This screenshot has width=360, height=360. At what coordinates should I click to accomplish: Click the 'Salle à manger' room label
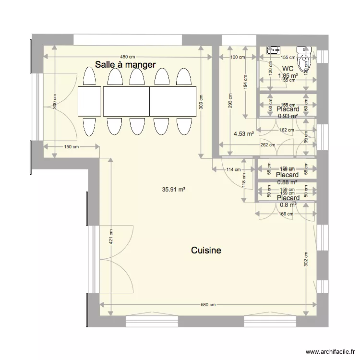[125, 64]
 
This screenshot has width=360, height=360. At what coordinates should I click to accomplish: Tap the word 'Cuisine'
[206, 250]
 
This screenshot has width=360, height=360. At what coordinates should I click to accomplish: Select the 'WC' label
[288, 69]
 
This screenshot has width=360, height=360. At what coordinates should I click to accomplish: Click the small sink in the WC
[274, 49]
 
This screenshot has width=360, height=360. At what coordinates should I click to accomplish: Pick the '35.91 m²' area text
[174, 190]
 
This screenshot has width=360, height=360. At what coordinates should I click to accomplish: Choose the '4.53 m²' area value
[244, 134]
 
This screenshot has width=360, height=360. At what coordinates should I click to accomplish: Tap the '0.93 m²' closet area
[288, 116]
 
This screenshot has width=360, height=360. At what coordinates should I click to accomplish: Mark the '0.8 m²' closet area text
[288, 204]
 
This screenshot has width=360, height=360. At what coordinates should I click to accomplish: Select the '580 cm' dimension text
[208, 304]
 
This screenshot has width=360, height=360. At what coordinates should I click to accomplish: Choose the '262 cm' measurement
[267, 144]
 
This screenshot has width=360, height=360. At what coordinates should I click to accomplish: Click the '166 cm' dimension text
[287, 214]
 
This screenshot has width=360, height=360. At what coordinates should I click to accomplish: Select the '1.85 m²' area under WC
[288, 75]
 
